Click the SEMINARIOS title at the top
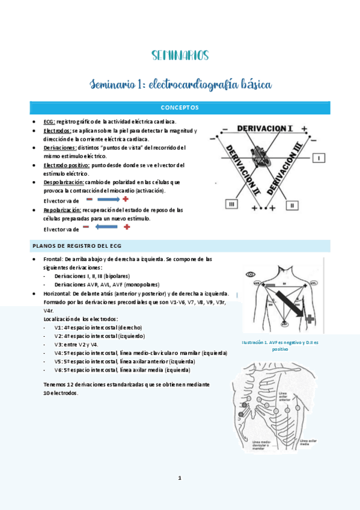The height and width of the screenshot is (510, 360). [x=180, y=56]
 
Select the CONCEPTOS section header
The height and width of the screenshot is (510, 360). [x=180, y=108]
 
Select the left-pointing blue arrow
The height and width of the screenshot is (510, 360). [x=106, y=227]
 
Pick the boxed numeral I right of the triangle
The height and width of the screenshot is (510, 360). [x=320, y=158]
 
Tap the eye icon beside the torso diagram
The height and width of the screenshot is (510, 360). [x=251, y=275]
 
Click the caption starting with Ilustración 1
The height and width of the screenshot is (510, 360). [x=279, y=345]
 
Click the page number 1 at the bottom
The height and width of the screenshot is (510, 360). [x=179, y=478]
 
